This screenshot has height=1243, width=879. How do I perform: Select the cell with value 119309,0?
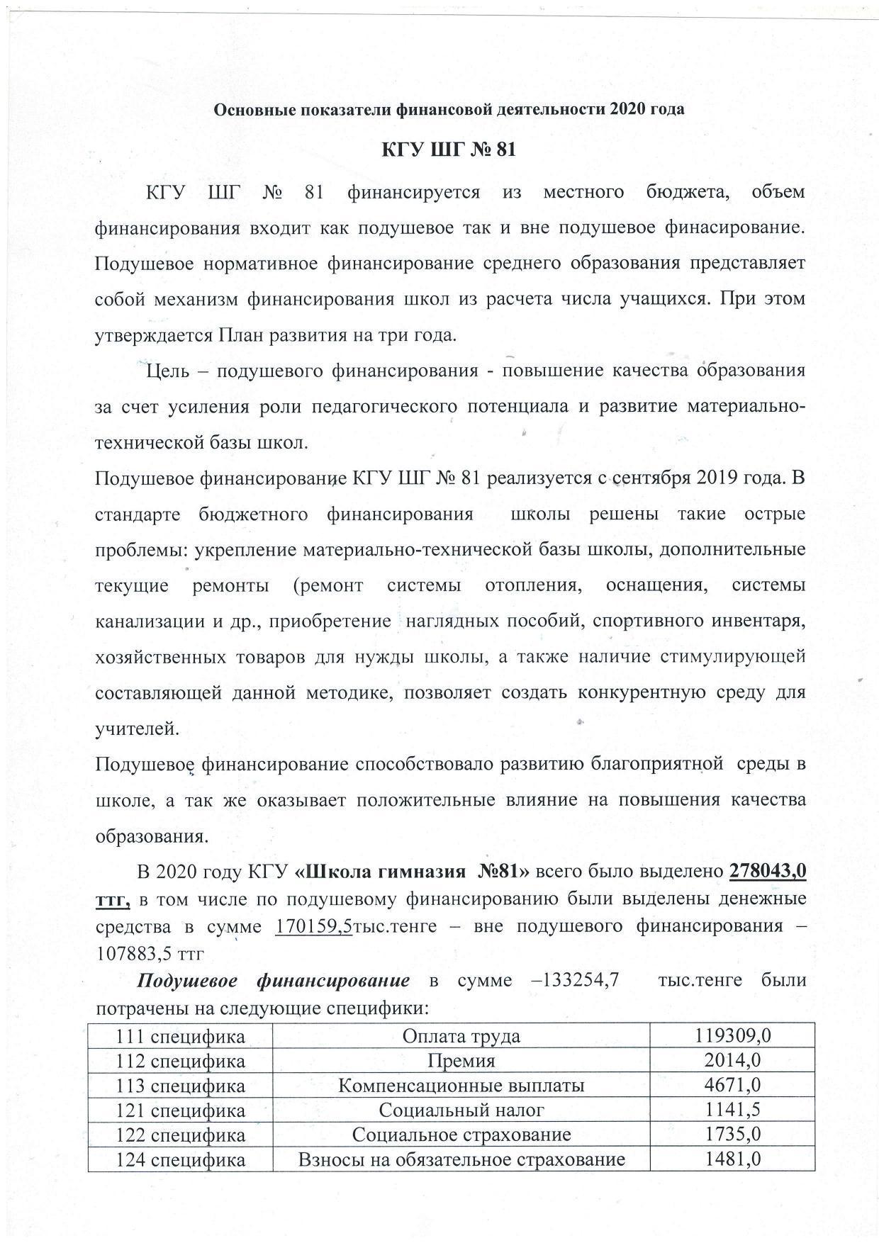732,1036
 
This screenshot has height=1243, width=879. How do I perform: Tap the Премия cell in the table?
461,1061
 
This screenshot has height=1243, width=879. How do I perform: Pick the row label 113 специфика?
180,1086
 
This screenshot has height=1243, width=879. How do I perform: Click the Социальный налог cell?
461,1110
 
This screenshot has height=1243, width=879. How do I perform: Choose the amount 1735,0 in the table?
732,1135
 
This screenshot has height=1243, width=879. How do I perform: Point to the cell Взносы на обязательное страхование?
461,1159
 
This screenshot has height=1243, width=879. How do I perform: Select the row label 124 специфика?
180,1159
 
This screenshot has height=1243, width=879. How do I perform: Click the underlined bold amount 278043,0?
767,871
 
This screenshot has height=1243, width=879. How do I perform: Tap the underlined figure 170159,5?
313,927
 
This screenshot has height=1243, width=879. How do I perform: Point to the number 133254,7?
578,981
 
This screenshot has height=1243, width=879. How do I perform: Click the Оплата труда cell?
461,1036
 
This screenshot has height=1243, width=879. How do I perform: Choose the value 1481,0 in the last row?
732,1159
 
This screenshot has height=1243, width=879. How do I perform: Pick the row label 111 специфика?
180,1036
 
